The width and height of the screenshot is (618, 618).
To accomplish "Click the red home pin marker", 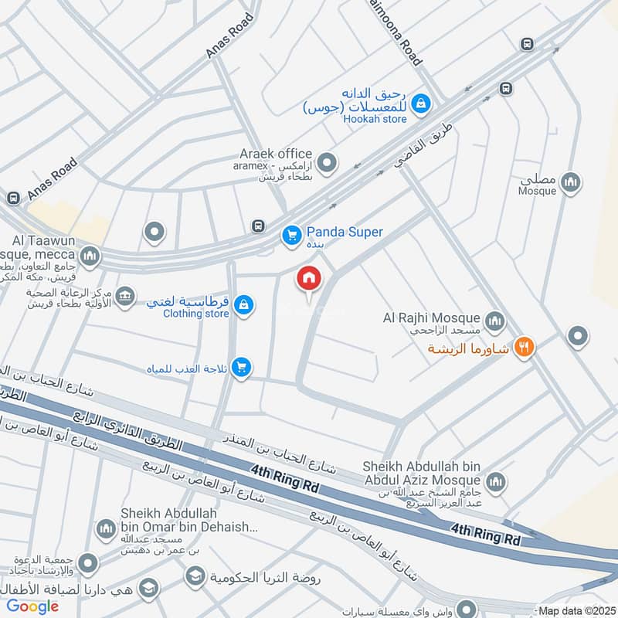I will pos(309,279).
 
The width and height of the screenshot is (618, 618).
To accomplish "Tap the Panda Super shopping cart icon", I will pos(290,233).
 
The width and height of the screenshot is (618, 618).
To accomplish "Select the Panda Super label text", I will pos(345,232).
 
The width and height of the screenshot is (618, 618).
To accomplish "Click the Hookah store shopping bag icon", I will pos(420,102).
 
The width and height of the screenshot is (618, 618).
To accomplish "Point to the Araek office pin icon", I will pos(328,163).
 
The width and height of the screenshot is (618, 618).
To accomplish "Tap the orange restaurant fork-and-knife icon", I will pos(525,348).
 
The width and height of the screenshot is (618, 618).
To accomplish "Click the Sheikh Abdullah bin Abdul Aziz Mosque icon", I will pos(494,481).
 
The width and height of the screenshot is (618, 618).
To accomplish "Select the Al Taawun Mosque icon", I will pos(90,256).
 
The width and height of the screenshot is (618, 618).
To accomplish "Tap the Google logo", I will pos(33,606).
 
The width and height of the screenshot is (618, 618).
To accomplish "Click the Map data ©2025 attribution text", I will pos(576,611).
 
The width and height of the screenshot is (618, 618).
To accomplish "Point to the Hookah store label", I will pos(375,120).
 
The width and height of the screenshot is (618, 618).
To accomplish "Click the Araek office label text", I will pos(275,154).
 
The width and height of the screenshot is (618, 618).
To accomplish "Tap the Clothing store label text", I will pos(195,314).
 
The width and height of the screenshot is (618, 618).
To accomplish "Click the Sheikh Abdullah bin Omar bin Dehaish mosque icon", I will pos(105,529).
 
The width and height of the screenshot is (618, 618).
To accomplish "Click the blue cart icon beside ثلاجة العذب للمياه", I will pos(242,367).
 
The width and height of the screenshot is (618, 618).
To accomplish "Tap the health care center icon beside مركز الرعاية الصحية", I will pos(125,294).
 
